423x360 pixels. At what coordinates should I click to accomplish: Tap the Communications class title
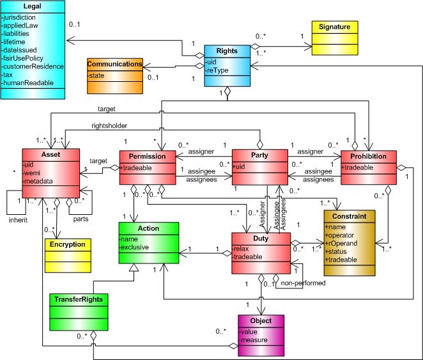tap(115, 64)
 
